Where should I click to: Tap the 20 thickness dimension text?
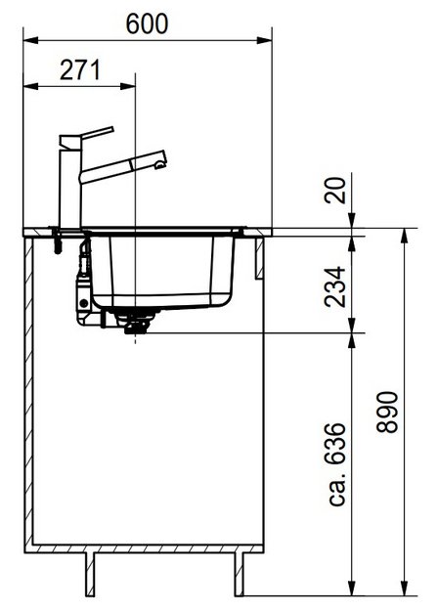pos(336,191)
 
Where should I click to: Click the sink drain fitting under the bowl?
pos(132,321)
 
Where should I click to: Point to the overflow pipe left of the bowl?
pos(83,279)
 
